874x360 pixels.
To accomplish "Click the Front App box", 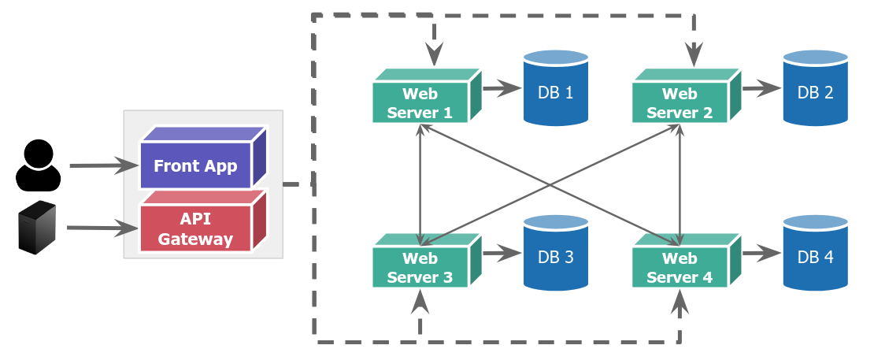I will tap(195, 165).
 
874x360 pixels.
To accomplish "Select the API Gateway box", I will tap(195, 228).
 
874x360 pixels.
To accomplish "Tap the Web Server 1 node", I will tap(420, 103).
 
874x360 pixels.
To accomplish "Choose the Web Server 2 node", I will tap(680, 103).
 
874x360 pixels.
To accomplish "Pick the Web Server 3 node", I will tap(420, 268).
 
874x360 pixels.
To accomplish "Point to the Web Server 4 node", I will tap(680, 268).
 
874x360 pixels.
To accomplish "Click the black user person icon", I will tap(38, 165).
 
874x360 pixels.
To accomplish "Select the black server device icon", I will tap(37, 228).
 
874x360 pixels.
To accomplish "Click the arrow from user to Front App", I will tap(103, 165).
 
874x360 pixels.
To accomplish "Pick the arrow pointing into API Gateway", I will tap(102, 228).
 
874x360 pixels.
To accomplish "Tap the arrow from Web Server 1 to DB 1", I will tap(502, 88).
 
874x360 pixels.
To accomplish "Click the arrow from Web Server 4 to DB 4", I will tap(761, 253).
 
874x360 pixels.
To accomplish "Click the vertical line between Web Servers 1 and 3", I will tap(420, 185).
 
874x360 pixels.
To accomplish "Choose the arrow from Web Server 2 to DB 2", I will tap(761, 88).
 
